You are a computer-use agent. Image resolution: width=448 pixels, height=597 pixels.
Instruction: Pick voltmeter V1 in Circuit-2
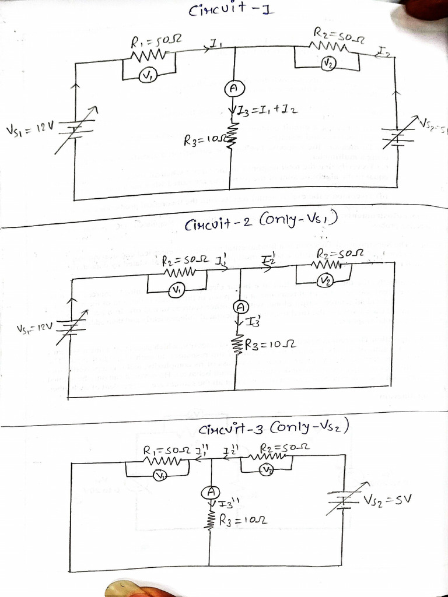pyautogui.click(x=176, y=290)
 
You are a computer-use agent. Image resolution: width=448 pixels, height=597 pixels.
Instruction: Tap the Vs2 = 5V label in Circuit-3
pyautogui.click(x=387, y=500)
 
